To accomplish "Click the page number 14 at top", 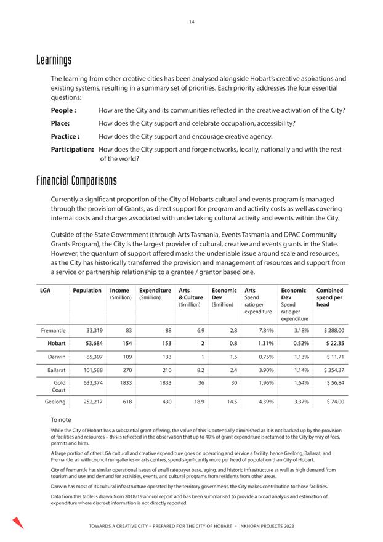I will pyautogui.click(x=191, y=22).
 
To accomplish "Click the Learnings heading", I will pyautogui.click(x=54, y=60).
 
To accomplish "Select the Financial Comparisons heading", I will pyautogui.click(x=76, y=181).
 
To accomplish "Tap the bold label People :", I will pyautogui.click(x=63, y=110).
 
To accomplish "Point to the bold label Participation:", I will pyautogui.click(x=72, y=149).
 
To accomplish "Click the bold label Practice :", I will pyautogui.click(x=65, y=136).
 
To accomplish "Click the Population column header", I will pyautogui.click(x=87, y=291).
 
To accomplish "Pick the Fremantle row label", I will pyautogui.click(x=53, y=330).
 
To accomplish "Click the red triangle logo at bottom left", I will pyautogui.click(x=18, y=522).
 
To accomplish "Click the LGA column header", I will pyautogui.click(x=45, y=291).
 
